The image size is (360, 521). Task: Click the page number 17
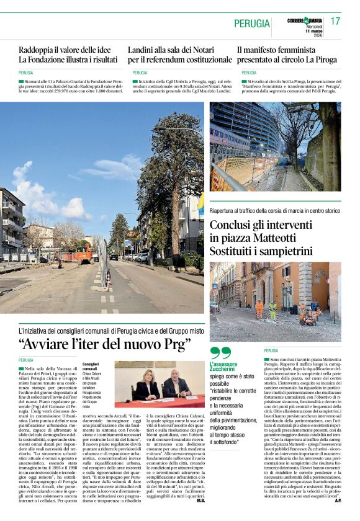click(x=335, y=21)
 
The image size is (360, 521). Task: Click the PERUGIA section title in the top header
click(x=251, y=24)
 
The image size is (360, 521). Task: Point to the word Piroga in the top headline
click(x=323, y=60)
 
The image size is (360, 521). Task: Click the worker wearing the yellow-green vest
click(x=272, y=309)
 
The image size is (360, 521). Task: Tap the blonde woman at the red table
click(x=149, y=385)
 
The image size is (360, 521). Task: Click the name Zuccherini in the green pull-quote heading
click(x=222, y=368)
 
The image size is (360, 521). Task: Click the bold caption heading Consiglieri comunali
click(x=91, y=367)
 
